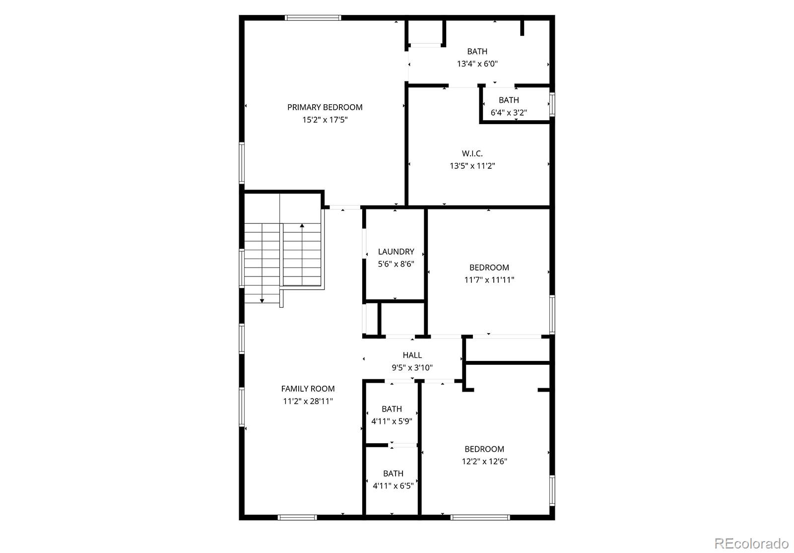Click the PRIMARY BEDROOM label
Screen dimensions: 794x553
click(325, 107)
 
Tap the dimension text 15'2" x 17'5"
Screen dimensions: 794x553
click(325, 120)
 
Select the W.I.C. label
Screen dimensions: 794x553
click(472, 153)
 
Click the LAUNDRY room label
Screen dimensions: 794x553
click(396, 252)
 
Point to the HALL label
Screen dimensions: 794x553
click(412, 355)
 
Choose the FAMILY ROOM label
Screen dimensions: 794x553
click(308, 389)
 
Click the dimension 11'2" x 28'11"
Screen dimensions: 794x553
click(308, 401)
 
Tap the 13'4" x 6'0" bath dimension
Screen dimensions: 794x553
click(477, 64)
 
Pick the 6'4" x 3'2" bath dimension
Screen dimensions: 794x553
click(509, 113)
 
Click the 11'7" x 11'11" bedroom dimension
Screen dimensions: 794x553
click(489, 280)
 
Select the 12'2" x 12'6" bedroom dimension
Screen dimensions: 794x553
click(484, 462)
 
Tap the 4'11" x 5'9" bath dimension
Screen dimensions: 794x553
click(392, 421)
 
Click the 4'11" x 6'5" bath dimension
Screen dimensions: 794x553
click(393, 486)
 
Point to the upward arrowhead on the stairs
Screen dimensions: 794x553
click(302, 225)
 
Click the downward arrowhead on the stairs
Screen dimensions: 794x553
click(262, 301)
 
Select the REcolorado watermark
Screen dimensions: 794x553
click(751, 543)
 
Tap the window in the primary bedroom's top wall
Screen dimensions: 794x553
click(313, 18)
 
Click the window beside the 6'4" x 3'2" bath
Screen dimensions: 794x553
click(552, 105)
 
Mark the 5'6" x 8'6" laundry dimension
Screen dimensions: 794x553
click(396, 264)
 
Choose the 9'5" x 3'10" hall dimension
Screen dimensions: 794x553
click(412, 368)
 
